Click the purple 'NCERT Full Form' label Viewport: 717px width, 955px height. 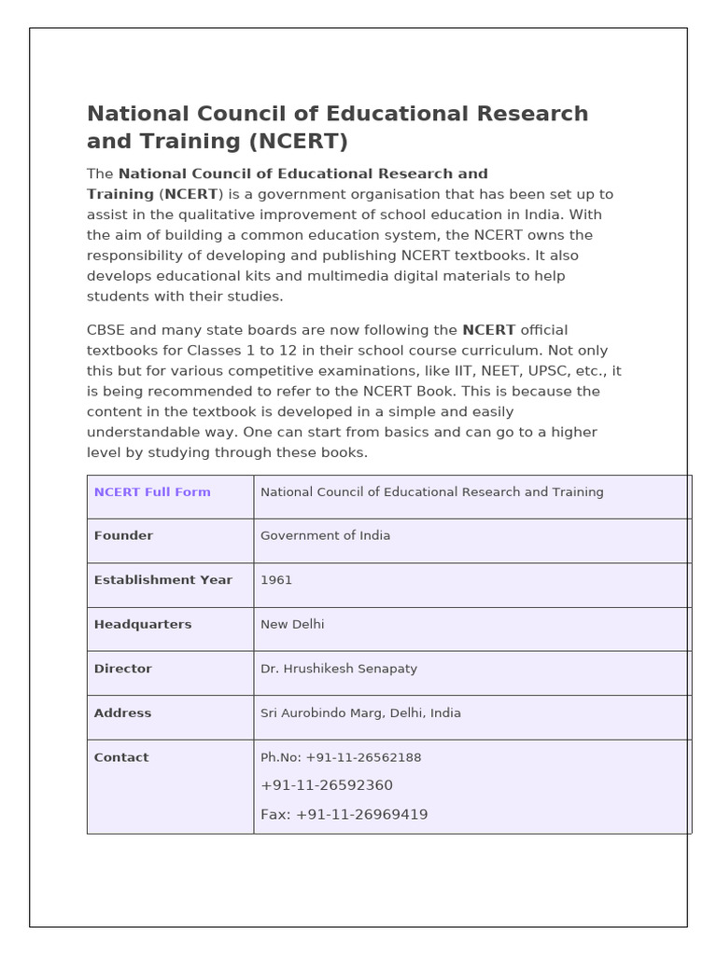tap(152, 492)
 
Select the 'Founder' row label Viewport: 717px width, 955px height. tap(123, 536)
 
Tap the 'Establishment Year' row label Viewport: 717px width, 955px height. tap(162, 580)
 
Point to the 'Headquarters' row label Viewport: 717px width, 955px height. tap(143, 625)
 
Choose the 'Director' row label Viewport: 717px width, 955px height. tap(122, 669)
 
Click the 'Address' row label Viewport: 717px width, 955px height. tap(122, 713)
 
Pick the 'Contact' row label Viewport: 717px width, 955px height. tap(121, 758)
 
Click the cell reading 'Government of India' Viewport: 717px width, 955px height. tap(325, 536)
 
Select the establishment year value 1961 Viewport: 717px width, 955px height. tap(276, 580)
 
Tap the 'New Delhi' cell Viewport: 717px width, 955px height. tap(292, 625)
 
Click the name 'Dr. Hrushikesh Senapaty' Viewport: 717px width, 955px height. tap(339, 669)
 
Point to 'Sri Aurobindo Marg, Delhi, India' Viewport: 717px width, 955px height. tap(360, 713)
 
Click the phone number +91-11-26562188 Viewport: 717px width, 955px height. tap(363, 758)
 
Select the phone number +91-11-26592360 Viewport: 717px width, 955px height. tap(327, 785)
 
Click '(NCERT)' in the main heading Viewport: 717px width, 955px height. tap(297, 142)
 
